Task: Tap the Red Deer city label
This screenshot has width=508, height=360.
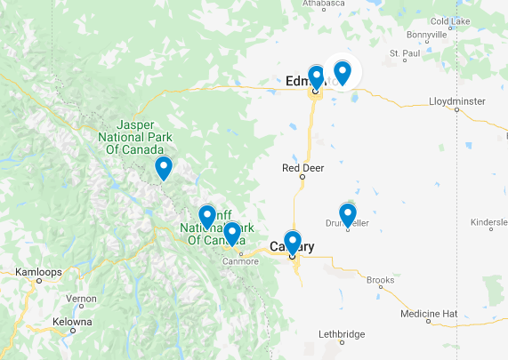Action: [x=302, y=167]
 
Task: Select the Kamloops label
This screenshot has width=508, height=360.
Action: [x=36, y=271]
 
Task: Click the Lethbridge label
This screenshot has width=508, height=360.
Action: [x=342, y=334]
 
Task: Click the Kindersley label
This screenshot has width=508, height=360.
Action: [x=488, y=221]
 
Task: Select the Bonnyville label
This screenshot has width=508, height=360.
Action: [x=426, y=35]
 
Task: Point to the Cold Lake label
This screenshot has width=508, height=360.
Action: [x=449, y=20]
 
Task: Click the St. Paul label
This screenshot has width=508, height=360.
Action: [x=405, y=53]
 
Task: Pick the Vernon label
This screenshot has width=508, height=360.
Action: [x=81, y=299]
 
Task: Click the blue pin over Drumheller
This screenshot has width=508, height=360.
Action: [x=348, y=214]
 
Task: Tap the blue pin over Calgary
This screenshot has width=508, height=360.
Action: [x=293, y=240]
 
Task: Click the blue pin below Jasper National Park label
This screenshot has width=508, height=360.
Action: [x=164, y=167]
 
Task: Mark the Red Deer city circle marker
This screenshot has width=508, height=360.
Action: [x=302, y=177]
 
